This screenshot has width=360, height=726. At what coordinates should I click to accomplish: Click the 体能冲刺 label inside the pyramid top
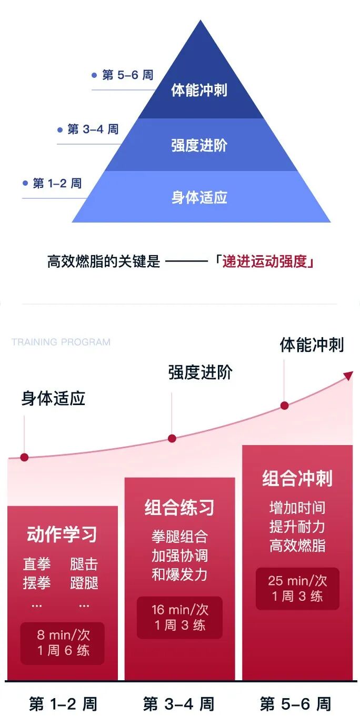coord(199,90)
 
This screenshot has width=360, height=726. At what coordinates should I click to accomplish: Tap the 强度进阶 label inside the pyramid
coord(199,145)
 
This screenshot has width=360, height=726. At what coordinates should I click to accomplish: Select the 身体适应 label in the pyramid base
coord(199,198)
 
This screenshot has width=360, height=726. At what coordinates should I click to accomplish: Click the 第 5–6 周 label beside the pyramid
coord(127,75)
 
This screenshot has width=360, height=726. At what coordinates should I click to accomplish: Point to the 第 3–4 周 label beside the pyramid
coord(93,129)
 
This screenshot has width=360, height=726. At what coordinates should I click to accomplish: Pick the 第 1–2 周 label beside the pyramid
coord(57,184)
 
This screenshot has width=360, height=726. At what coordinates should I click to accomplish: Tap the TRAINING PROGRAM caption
coord(61,342)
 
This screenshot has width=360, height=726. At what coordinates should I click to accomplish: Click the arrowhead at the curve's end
coord(348,375)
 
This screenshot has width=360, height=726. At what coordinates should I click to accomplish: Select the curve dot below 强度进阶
coord(172,438)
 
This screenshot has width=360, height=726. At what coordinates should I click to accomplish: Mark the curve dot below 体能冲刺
coord(284,406)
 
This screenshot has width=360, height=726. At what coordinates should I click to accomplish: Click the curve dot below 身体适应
coord(24,457)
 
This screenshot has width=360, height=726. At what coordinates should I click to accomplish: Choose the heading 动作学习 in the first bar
coord(62,535)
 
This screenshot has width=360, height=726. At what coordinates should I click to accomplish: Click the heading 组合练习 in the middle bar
coord(179,508)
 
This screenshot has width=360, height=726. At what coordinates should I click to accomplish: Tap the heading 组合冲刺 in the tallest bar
coord(297,479)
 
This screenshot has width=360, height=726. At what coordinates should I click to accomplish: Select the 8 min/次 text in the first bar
coord(62,635)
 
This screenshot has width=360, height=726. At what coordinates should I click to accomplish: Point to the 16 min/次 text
coord(179,610)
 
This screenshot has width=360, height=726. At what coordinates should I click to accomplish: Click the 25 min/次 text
coord(297,581)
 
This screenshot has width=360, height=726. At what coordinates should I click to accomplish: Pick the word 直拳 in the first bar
coord(37,565)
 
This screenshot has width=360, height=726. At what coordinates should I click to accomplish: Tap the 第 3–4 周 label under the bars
coord(179,704)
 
